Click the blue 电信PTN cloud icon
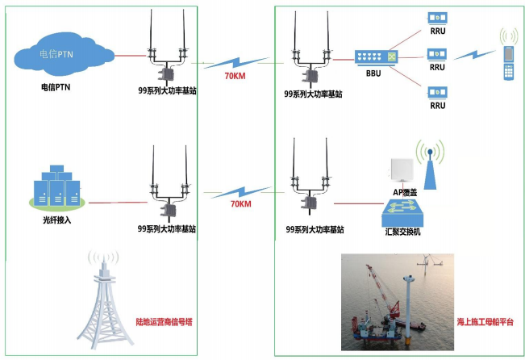[x=64, y=56]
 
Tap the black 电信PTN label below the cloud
[x=56, y=87]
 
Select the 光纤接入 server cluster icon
[x=57, y=187]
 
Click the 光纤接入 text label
[x=57, y=220]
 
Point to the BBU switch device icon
[x=376, y=57]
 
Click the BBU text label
[x=373, y=73]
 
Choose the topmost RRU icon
[x=438, y=18]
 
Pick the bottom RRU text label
[x=438, y=106]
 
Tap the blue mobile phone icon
[x=509, y=63]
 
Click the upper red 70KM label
[x=235, y=76]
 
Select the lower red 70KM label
[x=241, y=203]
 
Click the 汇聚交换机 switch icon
[x=402, y=213]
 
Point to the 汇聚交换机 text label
[x=402, y=232]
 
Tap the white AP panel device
[x=402, y=174]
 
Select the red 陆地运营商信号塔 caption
[x=165, y=322]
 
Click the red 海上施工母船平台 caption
[x=485, y=322]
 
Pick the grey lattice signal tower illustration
[x=104, y=302]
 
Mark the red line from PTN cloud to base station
[x=131, y=56]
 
